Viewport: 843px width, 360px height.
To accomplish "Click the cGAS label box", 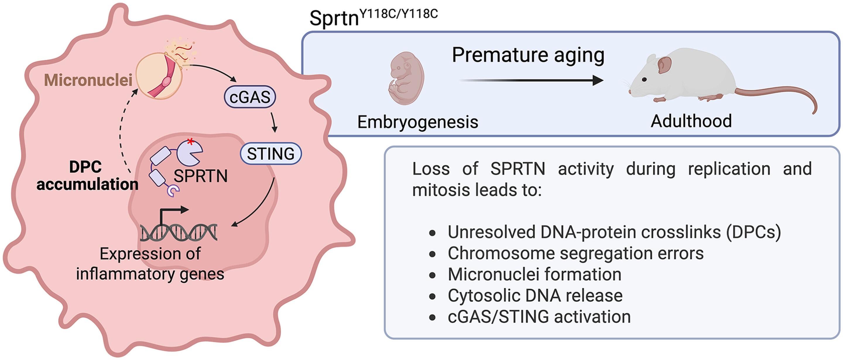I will [250, 97].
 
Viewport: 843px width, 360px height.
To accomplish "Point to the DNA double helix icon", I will [179, 232].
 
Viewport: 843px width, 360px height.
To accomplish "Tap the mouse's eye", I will [644, 80].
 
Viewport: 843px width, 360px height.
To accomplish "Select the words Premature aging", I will [528, 55].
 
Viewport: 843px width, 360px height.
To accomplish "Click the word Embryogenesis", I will [418, 122].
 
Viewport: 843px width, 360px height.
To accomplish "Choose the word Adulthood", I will [691, 121].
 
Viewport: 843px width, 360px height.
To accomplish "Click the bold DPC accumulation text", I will [87, 176].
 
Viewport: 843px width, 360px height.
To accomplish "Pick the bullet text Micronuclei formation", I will [534, 274].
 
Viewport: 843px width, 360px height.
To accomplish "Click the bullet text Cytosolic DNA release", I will [535, 296].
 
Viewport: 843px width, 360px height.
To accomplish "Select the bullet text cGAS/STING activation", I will [539, 316].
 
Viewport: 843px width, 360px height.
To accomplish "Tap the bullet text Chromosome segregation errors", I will [575, 253].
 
